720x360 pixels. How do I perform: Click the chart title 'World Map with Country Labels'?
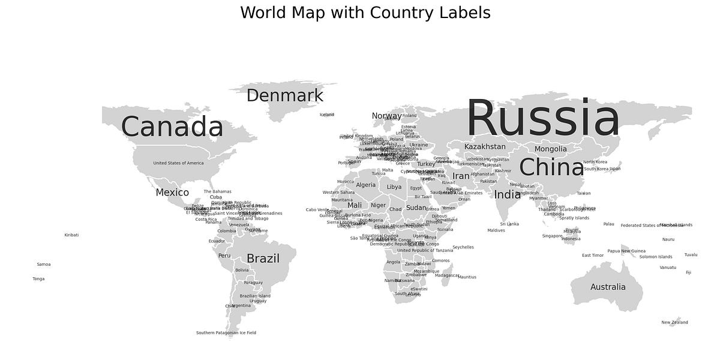[x=365, y=13]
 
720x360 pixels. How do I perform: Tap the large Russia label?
[x=542, y=119]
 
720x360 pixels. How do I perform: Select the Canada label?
[x=172, y=127]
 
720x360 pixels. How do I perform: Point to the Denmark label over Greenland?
[x=284, y=95]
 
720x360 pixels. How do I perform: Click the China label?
[x=551, y=167]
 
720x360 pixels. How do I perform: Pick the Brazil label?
[x=263, y=259]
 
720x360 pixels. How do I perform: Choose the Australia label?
[x=608, y=287]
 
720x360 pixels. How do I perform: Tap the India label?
[x=508, y=194]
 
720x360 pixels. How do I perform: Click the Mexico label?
[x=172, y=193]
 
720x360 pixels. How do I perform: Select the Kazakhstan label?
[x=485, y=146]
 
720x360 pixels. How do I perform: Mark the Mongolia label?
[x=550, y=149]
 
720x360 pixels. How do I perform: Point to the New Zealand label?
[x=674, y=322]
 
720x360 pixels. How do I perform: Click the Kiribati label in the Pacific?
[x=71, y=235]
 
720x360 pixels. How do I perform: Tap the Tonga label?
[x=38, y=279]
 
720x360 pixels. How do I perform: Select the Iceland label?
[x=326, y=115]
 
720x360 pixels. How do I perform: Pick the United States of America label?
[x=178, y=163]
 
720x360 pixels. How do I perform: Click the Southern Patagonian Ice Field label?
[x=226, y=333]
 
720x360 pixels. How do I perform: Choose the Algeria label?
[x=365, y=185]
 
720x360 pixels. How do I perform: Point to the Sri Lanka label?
[x=509, y=224]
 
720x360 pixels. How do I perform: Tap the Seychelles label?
[x=463, y=247]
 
